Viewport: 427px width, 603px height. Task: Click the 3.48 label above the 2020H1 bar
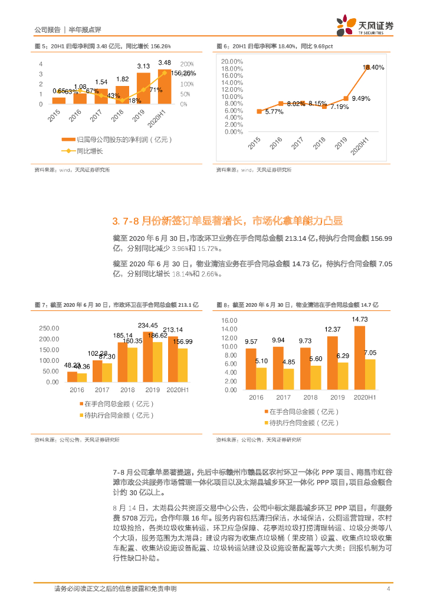(165, 62)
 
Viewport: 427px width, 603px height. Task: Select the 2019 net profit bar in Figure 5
(143, 88)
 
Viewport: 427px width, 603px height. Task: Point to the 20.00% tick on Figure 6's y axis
(232, 61)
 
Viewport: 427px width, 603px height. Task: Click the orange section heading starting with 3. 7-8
(227, 221)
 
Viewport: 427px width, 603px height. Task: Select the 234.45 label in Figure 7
(148, 325)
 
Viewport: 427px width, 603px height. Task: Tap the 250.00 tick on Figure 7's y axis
(49, 328)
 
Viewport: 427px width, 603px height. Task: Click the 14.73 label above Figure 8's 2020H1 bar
(360, 320)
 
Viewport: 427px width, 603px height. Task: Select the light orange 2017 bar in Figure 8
(289, 379)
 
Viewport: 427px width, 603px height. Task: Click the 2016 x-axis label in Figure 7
(77, 390)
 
